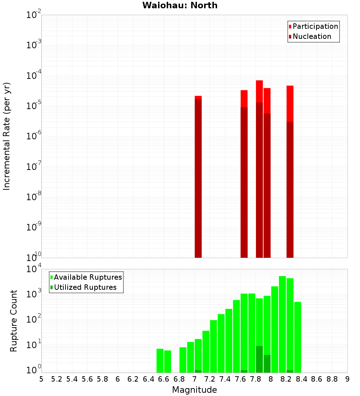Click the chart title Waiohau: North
(x=180, y=5)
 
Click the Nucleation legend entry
(x=312, y=36)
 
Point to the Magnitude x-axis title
(x=194, y=390)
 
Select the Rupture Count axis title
(x=14, y=320)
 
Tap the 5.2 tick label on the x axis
(x=57, y=379)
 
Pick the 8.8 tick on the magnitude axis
(x=332, y=379)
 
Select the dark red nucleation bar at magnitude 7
(x=198, y=180)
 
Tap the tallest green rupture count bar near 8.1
(x=282, y=324)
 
